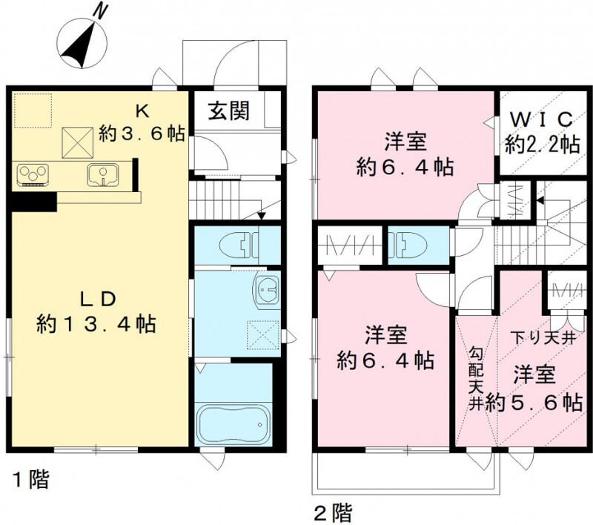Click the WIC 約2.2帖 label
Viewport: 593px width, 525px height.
(x=542, y=131)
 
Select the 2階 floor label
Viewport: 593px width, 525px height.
(x=331, y=511)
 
